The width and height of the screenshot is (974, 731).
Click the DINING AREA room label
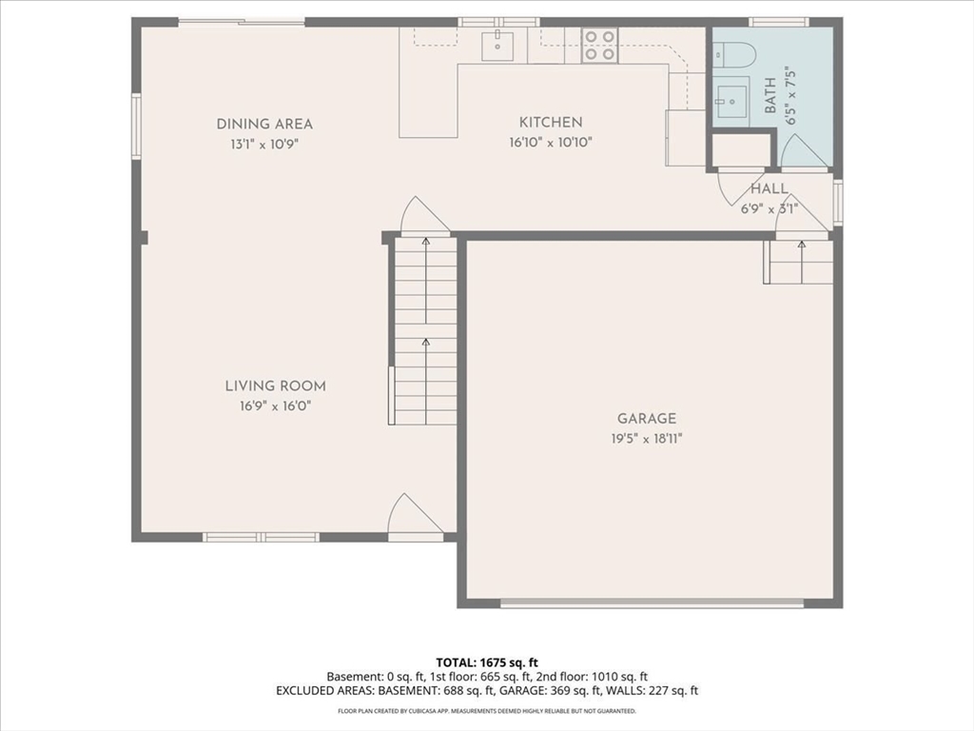[x=264, y=125]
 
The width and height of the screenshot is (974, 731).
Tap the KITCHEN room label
[x=551, y=123]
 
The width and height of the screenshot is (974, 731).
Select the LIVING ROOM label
[x=275, y=386]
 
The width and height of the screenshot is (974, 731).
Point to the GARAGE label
[x=647, y=419]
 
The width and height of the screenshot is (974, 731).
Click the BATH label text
[x=770, y=95]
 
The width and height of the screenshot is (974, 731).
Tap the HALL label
[x=769, y=189]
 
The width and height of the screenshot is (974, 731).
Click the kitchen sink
[x=497, y=46]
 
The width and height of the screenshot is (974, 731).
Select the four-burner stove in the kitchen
[x=599, y=46]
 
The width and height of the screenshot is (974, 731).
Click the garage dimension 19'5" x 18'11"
[x=647, y=439]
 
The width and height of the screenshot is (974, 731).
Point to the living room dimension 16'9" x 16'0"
[x=275, y=406]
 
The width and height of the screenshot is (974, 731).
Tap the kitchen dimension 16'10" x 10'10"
[x=551, y=143]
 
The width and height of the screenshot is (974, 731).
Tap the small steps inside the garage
[x=798, y=262]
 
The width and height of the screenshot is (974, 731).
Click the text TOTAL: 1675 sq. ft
[x=487, y=662]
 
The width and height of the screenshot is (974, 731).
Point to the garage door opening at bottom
[x=653, y=603]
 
